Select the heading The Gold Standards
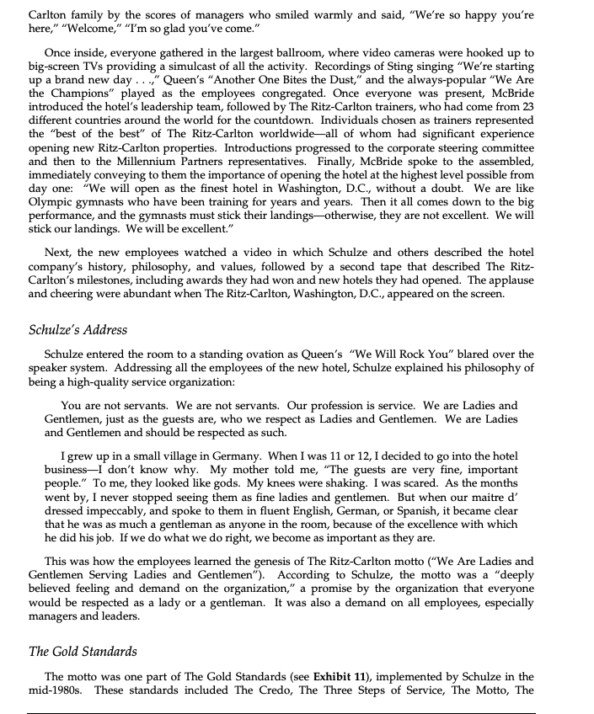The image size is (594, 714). point(82,651)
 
